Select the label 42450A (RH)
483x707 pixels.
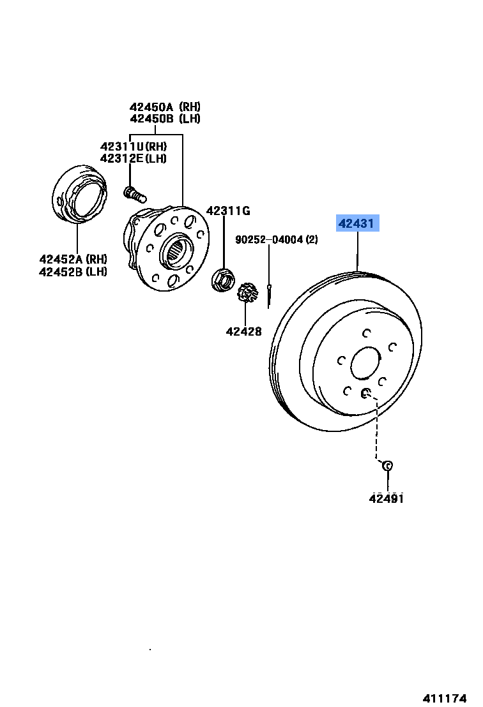pyautogui.click(x=165, y=107)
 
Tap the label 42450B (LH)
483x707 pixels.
pyautogui.click(x=165, y=119)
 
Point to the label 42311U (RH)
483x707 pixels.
pyautogui.click(x=133, y=146)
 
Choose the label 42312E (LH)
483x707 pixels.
pyautogui.click(x=133, y=158)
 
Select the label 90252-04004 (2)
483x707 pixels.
pyautogui.click(x=277, y=239)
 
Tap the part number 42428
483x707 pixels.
pyautogui.click(x=243, y=331)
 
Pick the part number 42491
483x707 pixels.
pyautogui.click(x=386, y=498)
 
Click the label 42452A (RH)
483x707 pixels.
pyautogui.click(x=73, y=259)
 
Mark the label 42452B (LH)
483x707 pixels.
pyautogui.click(x=73, y=271)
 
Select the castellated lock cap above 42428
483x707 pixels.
pyautogui.click(x=247, y=294)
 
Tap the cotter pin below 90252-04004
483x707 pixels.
pyautogui.click(x=270, y=294)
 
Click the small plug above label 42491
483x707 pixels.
pyautogui.click(x=387, y=466)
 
